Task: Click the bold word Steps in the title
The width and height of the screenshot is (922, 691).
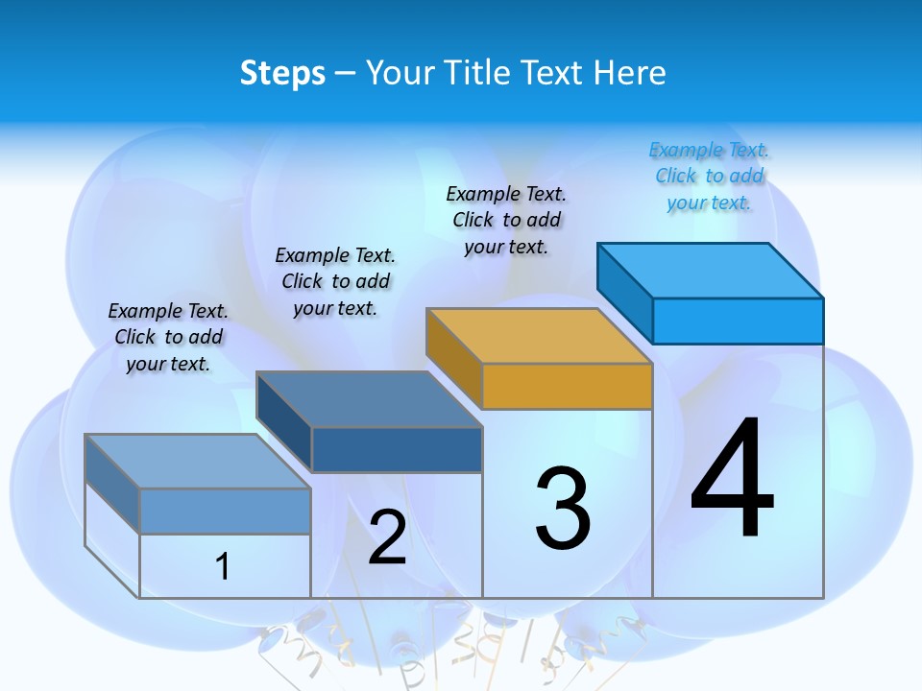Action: (282, 73)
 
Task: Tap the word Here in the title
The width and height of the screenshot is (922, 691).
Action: (629, 73)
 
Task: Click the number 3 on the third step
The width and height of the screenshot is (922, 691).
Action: (563, 509)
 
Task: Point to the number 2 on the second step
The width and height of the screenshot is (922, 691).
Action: (387, 537)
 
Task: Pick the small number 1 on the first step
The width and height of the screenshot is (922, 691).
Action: (223, 567)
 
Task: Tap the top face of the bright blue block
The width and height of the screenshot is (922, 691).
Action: (711, 271)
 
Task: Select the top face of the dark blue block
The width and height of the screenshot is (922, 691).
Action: (370, 399)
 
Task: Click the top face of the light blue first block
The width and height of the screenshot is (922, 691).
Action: (198, 462)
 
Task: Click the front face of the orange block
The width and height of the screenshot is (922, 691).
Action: (567, 387)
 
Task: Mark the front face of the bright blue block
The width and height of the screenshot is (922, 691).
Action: (738, 321)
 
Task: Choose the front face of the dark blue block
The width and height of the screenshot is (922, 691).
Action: (396, 450)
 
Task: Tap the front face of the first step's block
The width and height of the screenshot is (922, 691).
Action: (225, 512)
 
